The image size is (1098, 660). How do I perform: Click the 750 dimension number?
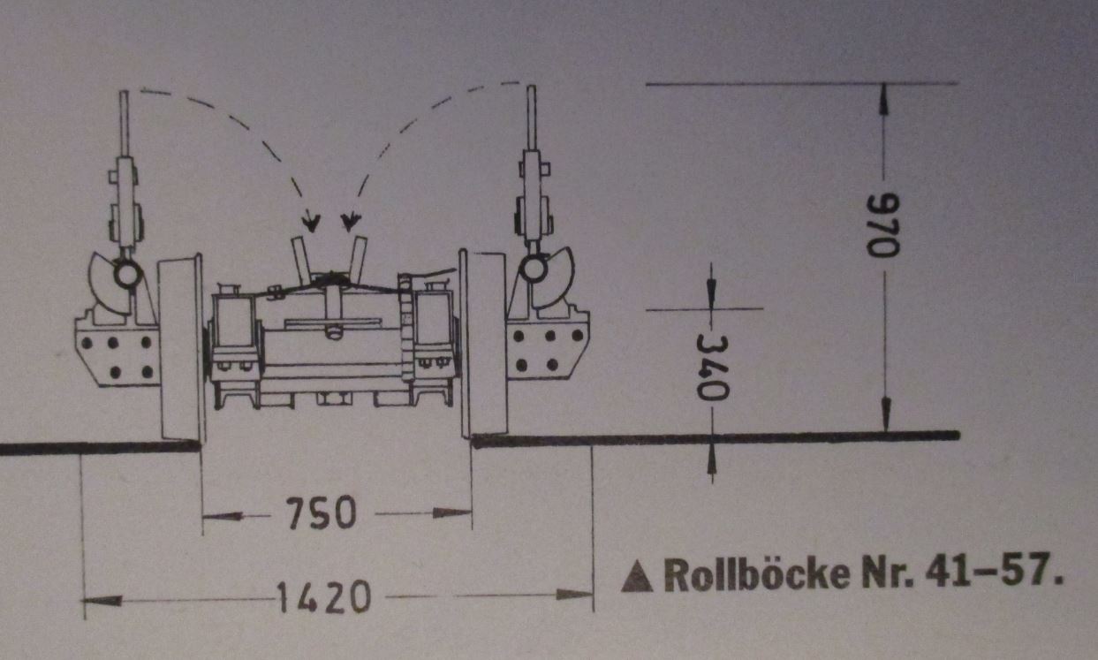pyautogui.click(x=322, y=513)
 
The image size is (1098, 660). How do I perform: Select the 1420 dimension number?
pyautogui.click(x=323, y=596)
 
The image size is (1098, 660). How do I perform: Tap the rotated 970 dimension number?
pyautogui.click(x=882, y=225)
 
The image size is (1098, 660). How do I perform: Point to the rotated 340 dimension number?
pyautogui.click(x=713, y=368)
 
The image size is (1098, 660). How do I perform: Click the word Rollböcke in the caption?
pyautogui.click(x=757, y=573)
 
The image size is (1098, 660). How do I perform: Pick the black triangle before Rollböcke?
pyautogui.click(x=637, y=577)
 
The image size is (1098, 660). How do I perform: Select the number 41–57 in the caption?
pyautogui.click(x=990, y=570)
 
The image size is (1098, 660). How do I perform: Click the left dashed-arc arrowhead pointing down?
pyautogui.click(x=311, y=221)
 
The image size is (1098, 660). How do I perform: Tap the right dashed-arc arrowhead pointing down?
pyautogui.click(x=351, y=221)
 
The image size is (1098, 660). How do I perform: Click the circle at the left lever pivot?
pyautogui.click(x=128, y=275)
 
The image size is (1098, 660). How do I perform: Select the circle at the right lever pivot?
pyautogui.click(x=534, y=269)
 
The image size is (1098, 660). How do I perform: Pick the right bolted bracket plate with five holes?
pyautogui.click(x=548, y=347)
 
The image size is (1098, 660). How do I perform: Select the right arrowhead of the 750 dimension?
pyautogui.click(x=452, y=513)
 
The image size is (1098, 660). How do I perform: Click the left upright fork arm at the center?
pyautogui.click(x=301, y=260)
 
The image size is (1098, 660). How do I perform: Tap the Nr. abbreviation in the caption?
pyautogui.click(x=888, y=572)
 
